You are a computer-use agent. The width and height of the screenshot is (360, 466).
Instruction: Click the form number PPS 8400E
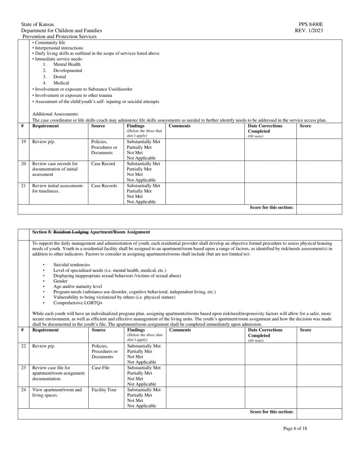coord(310,25)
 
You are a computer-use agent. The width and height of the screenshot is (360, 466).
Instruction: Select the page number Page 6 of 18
coord(295,428)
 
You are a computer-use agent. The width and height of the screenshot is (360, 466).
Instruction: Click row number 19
coord(23,142)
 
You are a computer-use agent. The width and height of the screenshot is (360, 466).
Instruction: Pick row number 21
coord(23,186)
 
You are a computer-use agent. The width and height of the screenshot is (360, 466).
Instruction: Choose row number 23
coord(23,367)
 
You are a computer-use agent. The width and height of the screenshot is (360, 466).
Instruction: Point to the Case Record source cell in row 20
coord(103,164)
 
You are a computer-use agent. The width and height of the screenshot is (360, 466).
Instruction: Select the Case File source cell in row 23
coord(100,367)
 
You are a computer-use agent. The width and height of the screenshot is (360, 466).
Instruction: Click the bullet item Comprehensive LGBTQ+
coord(78,303)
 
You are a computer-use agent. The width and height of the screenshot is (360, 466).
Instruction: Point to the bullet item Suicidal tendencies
coord(72,264)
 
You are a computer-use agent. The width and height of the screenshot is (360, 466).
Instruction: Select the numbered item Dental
coord(59,77)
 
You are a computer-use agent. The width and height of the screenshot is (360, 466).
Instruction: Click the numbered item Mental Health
coord(67,64)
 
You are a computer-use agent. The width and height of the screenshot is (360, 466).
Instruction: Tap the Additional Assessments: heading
coord(56,114)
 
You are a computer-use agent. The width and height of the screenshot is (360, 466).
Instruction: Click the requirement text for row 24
coord(57,392)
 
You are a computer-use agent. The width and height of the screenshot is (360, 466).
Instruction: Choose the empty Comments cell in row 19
coord(205,150)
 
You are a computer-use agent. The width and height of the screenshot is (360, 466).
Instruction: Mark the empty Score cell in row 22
coord(319,354)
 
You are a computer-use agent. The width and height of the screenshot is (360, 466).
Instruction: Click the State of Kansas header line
coord(38,25)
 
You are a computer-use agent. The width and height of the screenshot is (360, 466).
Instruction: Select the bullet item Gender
coord(60,281)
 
